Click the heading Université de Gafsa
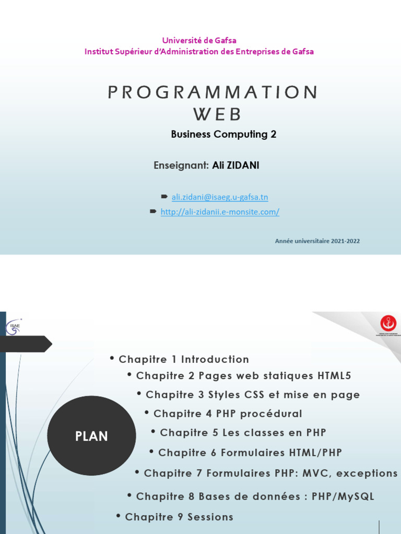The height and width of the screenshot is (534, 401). tap(199, 41)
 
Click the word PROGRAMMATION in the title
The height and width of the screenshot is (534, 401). tap(213, 92)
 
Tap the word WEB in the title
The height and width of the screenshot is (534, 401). tap(218, 114)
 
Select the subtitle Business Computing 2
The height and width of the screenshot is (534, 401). tap(223, 135)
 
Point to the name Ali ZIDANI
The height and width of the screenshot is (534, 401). tap(235, 165)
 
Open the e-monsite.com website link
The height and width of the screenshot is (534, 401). tap(220, 212)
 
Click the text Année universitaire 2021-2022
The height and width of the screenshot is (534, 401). tap(317, 241)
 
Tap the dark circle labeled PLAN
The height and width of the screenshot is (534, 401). tap(91, 436)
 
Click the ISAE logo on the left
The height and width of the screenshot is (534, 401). tap(13, 327)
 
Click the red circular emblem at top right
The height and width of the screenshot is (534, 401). tap(388, 323)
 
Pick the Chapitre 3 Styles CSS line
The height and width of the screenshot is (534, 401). tap(252, 395)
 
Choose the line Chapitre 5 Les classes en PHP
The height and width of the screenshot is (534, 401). tap(242, 433)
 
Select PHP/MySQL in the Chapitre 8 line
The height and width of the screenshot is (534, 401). tap(343, 496)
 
